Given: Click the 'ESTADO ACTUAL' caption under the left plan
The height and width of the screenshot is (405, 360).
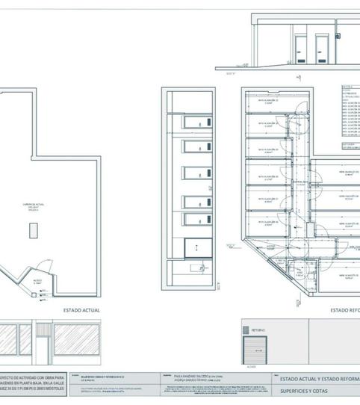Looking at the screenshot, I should (81, 309).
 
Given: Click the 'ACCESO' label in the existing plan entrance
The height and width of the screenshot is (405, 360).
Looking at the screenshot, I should (36, 282).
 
